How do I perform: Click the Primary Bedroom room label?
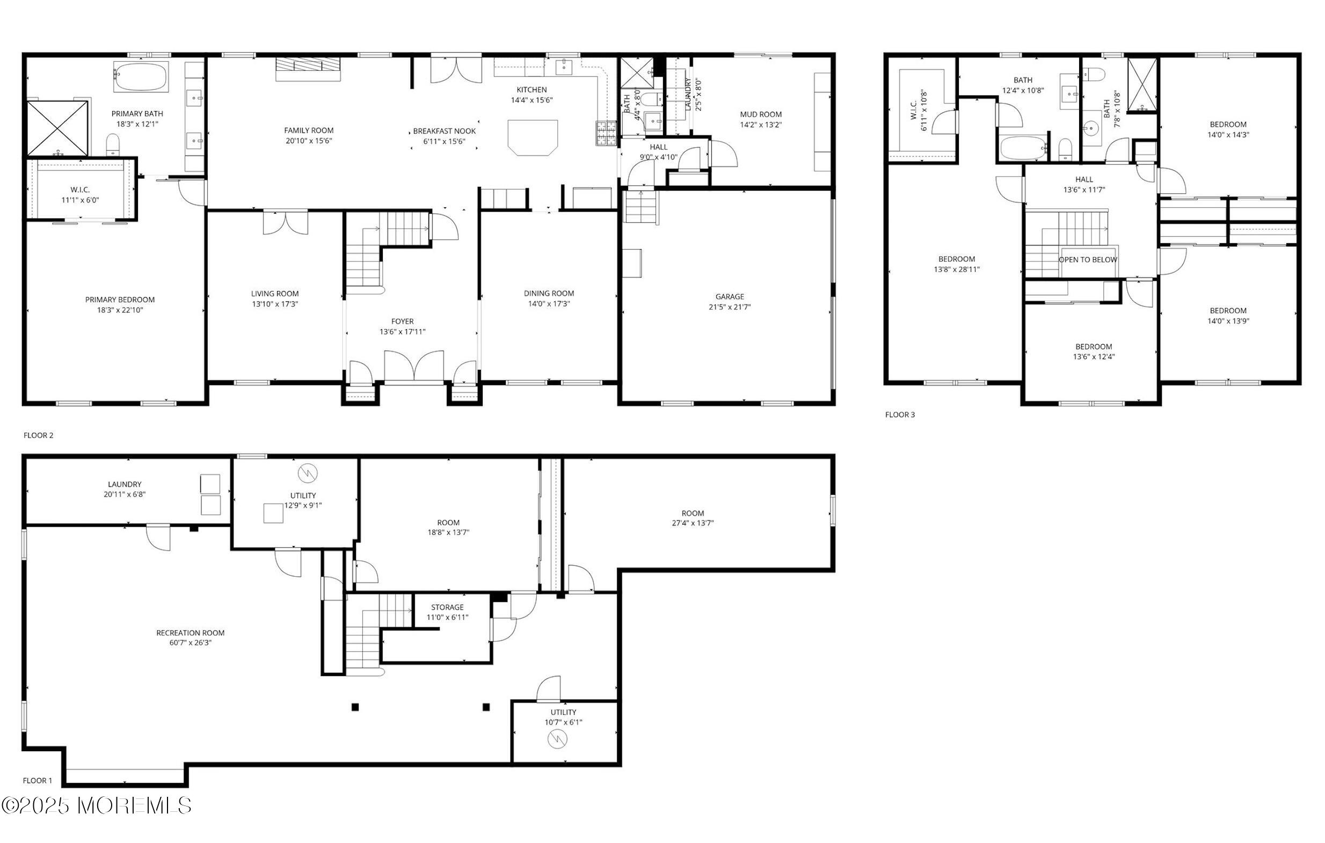point(119,300)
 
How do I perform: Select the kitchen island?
point(533,137)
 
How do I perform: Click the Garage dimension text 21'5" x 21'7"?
point(730,307)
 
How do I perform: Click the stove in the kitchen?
point(606,133)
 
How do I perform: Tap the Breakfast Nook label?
point(444,131)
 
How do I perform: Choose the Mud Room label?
point(760,114)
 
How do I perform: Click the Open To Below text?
point(1088,260)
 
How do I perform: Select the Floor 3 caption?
point(900,415)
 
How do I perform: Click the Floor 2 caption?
point(38,435)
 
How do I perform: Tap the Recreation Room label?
point(191,633)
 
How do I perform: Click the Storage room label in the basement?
point(447,607)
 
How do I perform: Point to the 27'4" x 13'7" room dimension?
point(692,524)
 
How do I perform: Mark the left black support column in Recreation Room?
point(355,707)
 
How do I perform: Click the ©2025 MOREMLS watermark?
point(96,806)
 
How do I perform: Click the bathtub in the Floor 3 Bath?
point(1023,148)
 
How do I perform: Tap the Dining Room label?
point(549,293)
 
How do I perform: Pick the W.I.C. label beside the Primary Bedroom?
point(80,190)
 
